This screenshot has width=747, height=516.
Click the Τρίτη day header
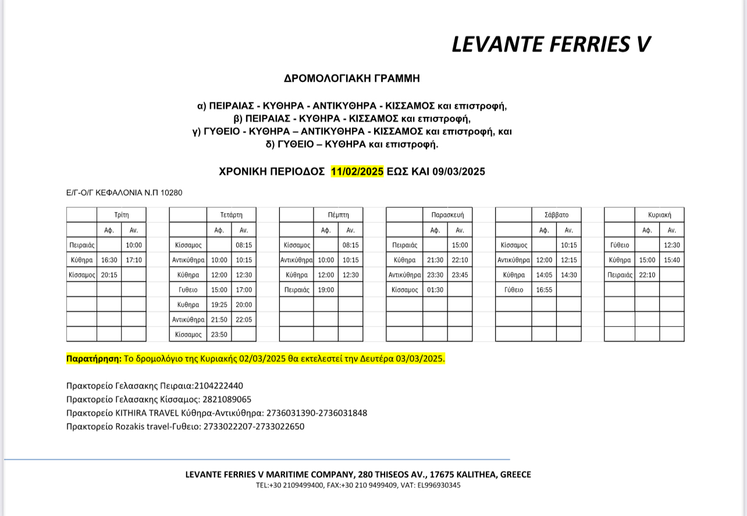coord(122,215)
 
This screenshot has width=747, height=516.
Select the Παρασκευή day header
coord(447,215)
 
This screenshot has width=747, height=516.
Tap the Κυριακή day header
coord(660,215)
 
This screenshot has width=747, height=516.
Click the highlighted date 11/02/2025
coord(357,172)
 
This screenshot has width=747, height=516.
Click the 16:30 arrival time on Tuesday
coord(109,260)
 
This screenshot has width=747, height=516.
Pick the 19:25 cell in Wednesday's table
coord(219,305)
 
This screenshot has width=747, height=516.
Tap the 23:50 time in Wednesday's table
coord(219,334)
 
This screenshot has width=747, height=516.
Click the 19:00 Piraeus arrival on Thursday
coord(326,290)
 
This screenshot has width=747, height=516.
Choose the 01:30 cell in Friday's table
coord(435,290)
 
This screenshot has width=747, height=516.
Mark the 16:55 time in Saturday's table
coord(544,290)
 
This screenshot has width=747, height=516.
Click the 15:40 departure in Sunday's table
coord(672,260)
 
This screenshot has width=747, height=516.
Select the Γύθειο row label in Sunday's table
coord(620,245)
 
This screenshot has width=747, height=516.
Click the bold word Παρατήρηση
coord(94,358)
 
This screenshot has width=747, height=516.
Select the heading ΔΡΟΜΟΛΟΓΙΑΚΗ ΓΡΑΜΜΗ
coord(351,78)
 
